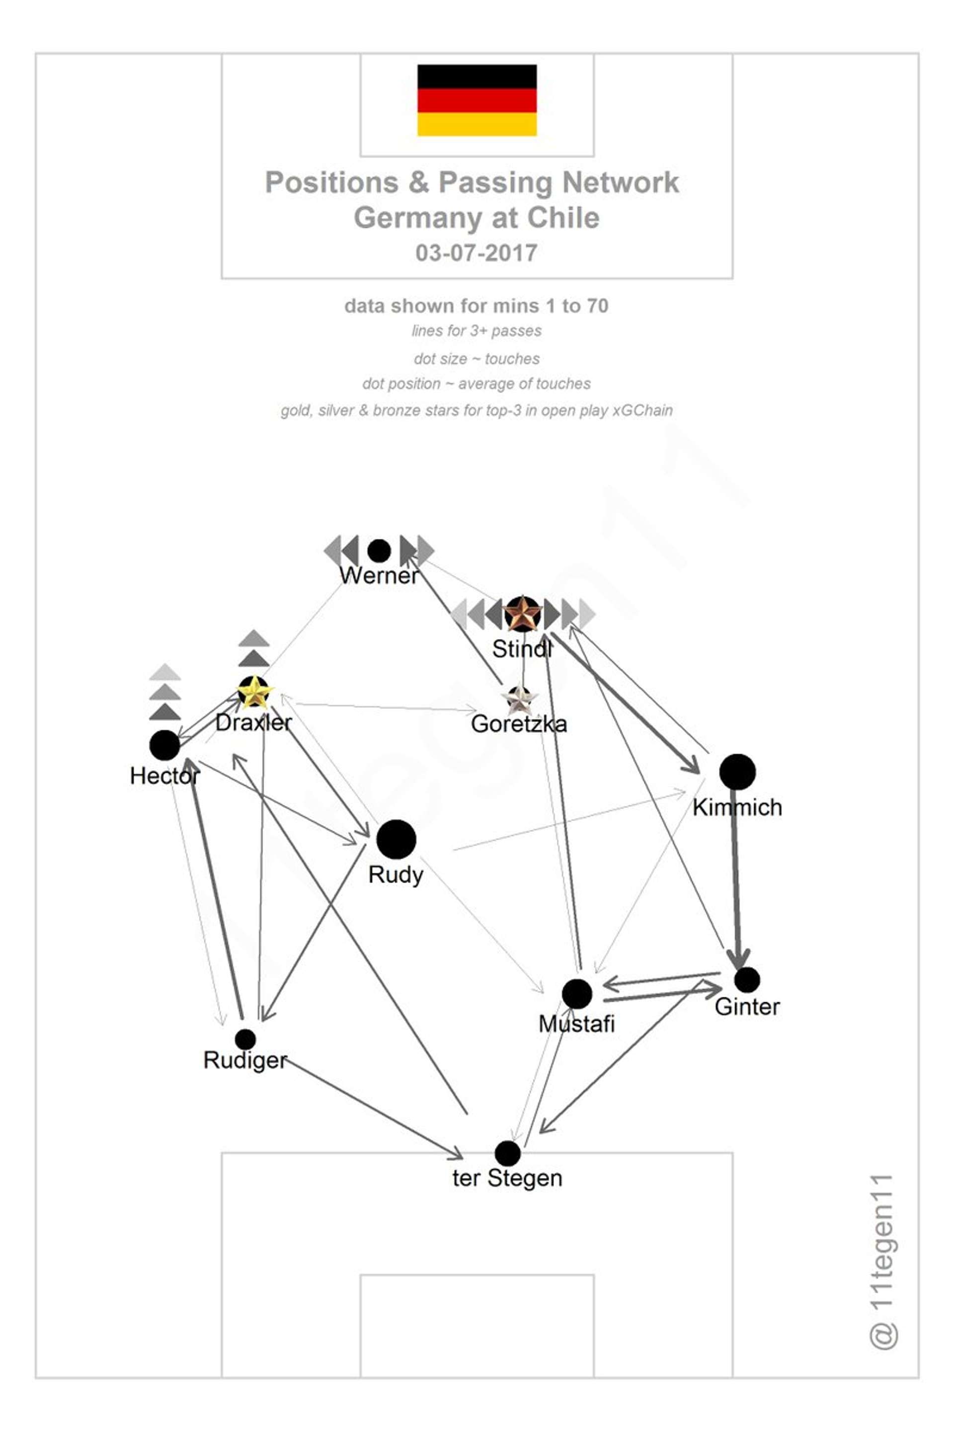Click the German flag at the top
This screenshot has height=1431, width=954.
pyautogui.click(x=477, y=100)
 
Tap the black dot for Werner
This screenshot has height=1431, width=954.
pyautogui.click(x=379, y=551)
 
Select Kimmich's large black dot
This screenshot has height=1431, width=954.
pyautogui.click(x=737, y=772)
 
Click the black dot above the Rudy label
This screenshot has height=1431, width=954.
pyautogui.click(x=396, y=839)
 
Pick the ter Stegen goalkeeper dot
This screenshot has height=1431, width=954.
pyautogui.click(x=507, y=1153)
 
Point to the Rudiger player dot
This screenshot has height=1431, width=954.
pyautogui.click(x=245, y=1039)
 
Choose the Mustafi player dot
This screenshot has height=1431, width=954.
pyautogui.click(x=577, y=994)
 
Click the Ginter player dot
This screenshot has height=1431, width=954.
pyautogui.click(x=747, y=979)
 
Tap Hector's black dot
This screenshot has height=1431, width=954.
pyautogui.click(x=164, y=745)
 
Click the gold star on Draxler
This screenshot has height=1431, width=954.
pyautogui.click(x=254, y=692)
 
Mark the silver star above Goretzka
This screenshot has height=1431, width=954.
pyautogui.click(x=519, y=700)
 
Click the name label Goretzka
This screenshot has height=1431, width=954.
pyautogui.click(x=519, y=724)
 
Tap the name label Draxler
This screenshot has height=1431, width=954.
pyautogui.click(x=254, y=723)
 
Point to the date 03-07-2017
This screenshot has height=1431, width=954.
pyautogui.click(x=477, y=252)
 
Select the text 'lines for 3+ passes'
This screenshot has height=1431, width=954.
pyautogui.click(x=477, y=331)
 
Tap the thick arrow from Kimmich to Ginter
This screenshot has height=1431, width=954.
pyautogui.click(x=737, y=876)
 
